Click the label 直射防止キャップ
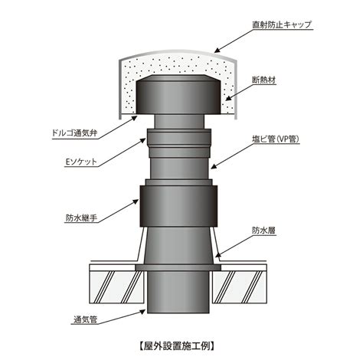click(x=282, y=25)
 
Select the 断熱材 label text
click(x=264, y=80)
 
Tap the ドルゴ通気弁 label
click(x=74, y=133)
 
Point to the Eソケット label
click(x=81, y=162)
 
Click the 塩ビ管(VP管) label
click(x=276, y=139)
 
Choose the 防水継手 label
click(x=81, y=218)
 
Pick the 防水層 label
click(x=264, y=231)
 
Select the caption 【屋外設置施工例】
click(x=177, y=346)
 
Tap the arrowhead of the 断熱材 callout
click(x=228, y=98)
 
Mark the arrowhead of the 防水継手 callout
click(x=136, y=201)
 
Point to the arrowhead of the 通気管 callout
click(x=142, y=312)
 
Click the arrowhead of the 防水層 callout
click(x=218, y=254)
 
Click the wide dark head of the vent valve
click(x=178, y=94)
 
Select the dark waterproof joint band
click(x=178, y=206)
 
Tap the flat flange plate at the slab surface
click(x=178, y=267)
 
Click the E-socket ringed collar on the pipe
click(x=179, y=143)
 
